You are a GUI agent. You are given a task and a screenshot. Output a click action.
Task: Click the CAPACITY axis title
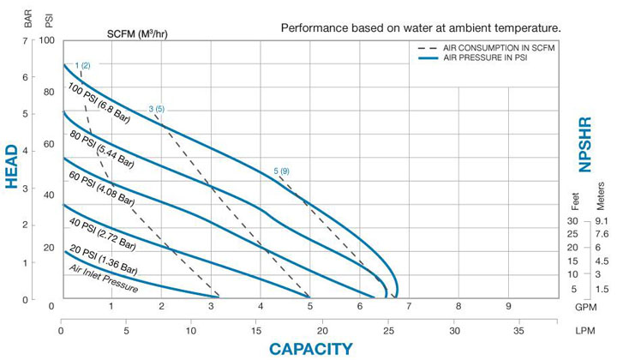click(310, 348)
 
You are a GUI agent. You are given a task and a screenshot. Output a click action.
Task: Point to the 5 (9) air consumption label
click(280, 171)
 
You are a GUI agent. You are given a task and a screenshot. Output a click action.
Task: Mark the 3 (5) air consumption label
click(156, 109)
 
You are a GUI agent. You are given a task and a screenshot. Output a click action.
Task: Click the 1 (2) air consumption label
click(82, 65)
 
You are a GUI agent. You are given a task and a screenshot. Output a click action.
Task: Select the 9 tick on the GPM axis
click(508, 306)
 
